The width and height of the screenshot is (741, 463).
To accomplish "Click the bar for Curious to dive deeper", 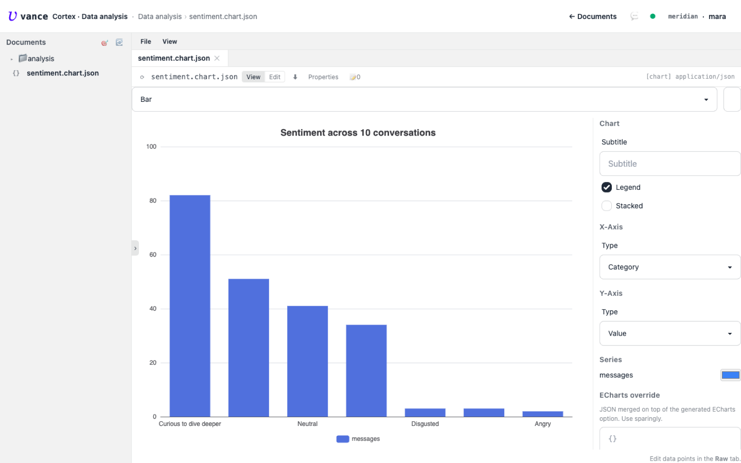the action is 190,306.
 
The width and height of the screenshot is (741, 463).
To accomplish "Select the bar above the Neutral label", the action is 308,361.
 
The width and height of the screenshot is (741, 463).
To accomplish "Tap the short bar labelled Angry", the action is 542,414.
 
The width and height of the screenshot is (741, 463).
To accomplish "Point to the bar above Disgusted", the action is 425,413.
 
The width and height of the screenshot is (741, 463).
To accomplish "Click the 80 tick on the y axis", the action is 153,200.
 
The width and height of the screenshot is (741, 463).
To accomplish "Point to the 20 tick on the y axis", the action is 153,363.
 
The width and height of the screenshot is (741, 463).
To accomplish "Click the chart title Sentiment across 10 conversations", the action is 358,132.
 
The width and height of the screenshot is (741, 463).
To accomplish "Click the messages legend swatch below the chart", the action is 343,439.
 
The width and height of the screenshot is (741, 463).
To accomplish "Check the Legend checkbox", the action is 606,187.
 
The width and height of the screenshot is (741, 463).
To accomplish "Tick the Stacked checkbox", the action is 606,206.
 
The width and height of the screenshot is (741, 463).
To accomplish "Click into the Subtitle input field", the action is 670,164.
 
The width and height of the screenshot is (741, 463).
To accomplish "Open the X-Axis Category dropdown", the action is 670,267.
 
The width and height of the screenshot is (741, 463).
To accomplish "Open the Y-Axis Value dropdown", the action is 670,333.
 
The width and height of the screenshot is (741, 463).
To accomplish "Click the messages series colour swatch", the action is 730,375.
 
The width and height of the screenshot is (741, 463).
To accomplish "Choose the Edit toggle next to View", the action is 275,77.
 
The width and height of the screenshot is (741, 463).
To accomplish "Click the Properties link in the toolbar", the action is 323,77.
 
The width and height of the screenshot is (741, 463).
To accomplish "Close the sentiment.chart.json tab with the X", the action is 217,58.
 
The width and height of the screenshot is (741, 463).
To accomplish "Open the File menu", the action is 145,42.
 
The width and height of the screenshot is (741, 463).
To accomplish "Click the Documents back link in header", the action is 593,17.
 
